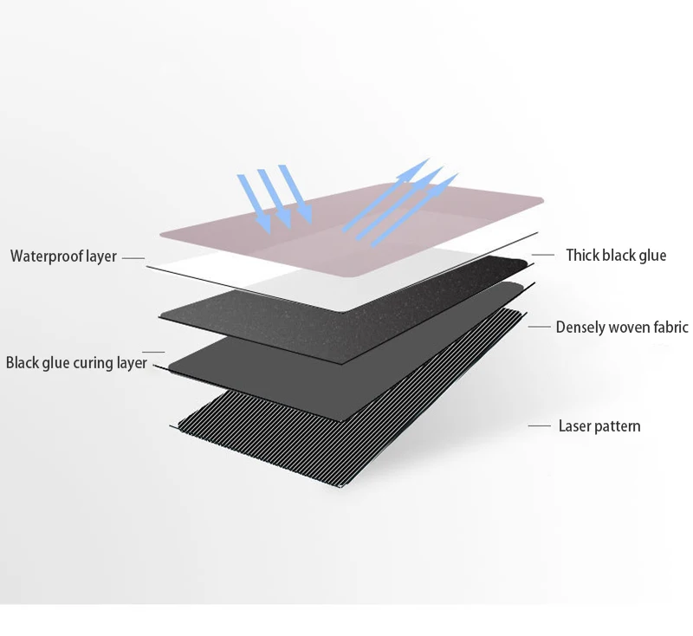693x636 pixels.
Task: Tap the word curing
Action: [x=91, y=363]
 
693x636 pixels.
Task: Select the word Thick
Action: [x=584, y=255]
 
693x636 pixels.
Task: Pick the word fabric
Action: [x=672, y=327]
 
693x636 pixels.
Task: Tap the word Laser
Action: [x=574, y=425]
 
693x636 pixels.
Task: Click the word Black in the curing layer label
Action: [x=23, y=363]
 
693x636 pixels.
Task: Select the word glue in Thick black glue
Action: [x=651, y=255]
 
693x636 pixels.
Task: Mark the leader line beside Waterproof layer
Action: [x=132, y=257]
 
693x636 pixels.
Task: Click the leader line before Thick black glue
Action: [x=542, y=255]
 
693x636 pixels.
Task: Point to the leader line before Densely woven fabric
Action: [x=541, y=327]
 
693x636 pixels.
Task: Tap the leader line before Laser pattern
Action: [x=540, y=425]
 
